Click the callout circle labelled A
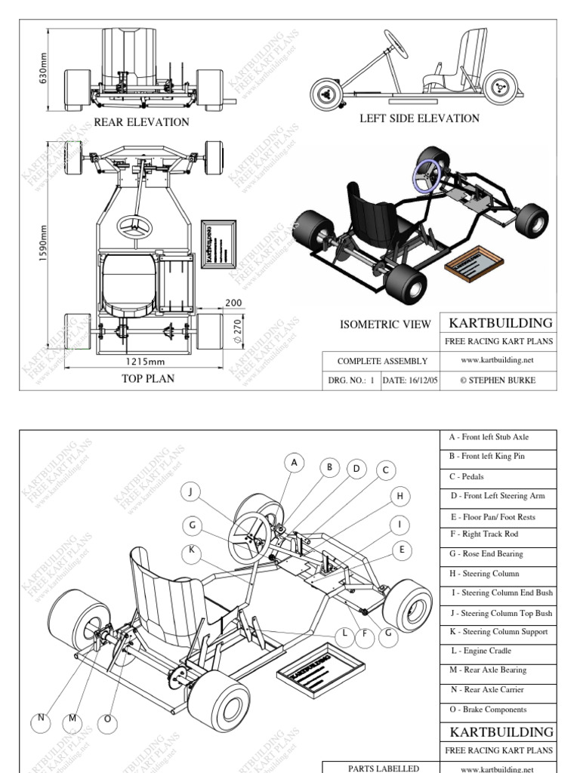point(295,462)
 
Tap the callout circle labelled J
point(192,492)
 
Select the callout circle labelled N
point(41,719)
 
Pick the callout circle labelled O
point(107,719)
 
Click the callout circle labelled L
point(344,633)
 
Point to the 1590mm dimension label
point(44,240)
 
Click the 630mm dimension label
point(44,67)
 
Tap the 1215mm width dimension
point(145,362)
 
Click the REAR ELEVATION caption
point(141,122)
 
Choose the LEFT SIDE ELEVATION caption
point(419,118)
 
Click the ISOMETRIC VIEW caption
point(385,325)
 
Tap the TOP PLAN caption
point(148,378)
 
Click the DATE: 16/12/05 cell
point(410,380)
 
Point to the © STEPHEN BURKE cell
point(498,380)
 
